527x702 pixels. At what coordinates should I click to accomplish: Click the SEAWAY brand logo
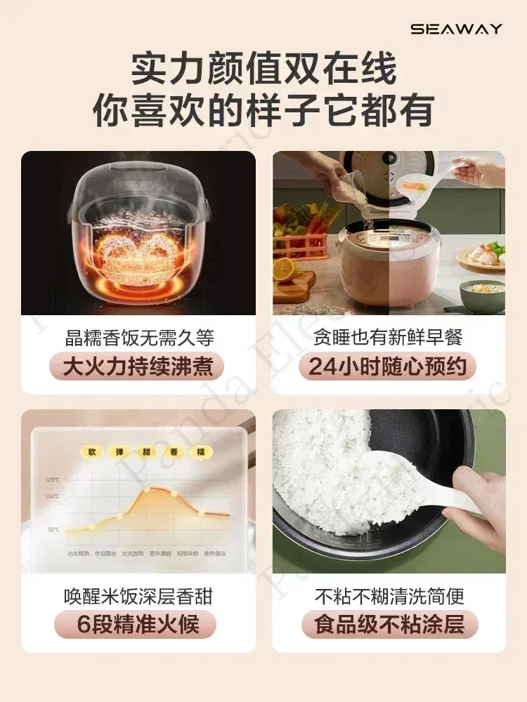click(456, 29)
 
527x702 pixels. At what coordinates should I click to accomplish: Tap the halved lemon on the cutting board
click(285, 269)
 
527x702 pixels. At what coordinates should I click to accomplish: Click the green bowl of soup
click(482, 295)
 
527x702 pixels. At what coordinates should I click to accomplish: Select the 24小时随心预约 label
click(388, 366)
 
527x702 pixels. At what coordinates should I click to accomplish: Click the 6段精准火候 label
click(138, 625)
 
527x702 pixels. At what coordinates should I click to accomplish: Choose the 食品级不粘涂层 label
click(389, 625)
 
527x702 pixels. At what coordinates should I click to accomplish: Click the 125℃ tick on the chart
click(53, 480)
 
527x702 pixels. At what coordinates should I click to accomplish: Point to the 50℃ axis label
click(53, 529)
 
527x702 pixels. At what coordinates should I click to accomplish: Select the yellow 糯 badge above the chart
click(201, 451)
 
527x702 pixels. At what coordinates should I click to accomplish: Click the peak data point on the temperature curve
click(146, 489)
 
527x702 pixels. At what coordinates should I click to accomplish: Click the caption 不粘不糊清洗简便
click(389, 597)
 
